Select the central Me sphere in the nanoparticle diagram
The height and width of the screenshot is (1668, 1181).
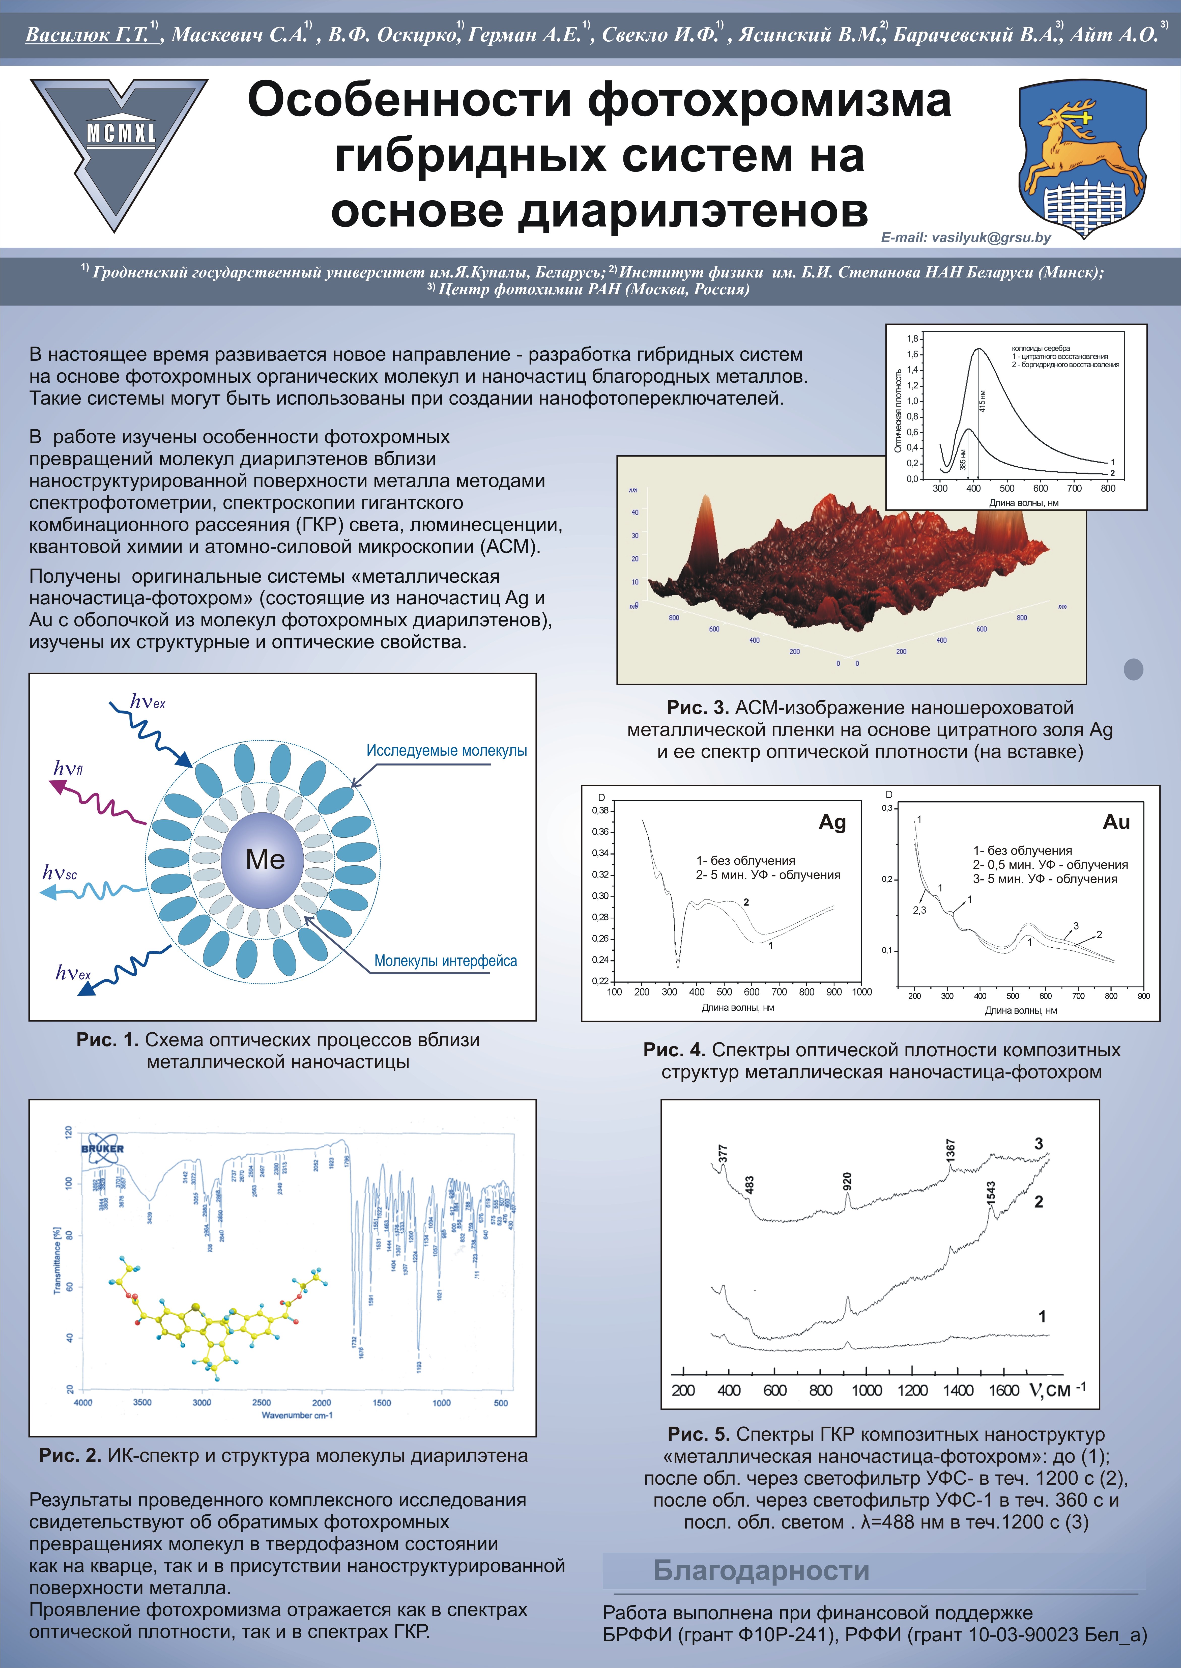click(x=265, y=859)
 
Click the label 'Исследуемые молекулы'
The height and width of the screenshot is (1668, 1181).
click(x=447, y=750)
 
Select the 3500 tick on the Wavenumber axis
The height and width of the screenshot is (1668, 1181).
click(x=142, y=1402)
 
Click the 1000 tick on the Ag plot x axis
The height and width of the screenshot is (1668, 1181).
click(x=861, y=992)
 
